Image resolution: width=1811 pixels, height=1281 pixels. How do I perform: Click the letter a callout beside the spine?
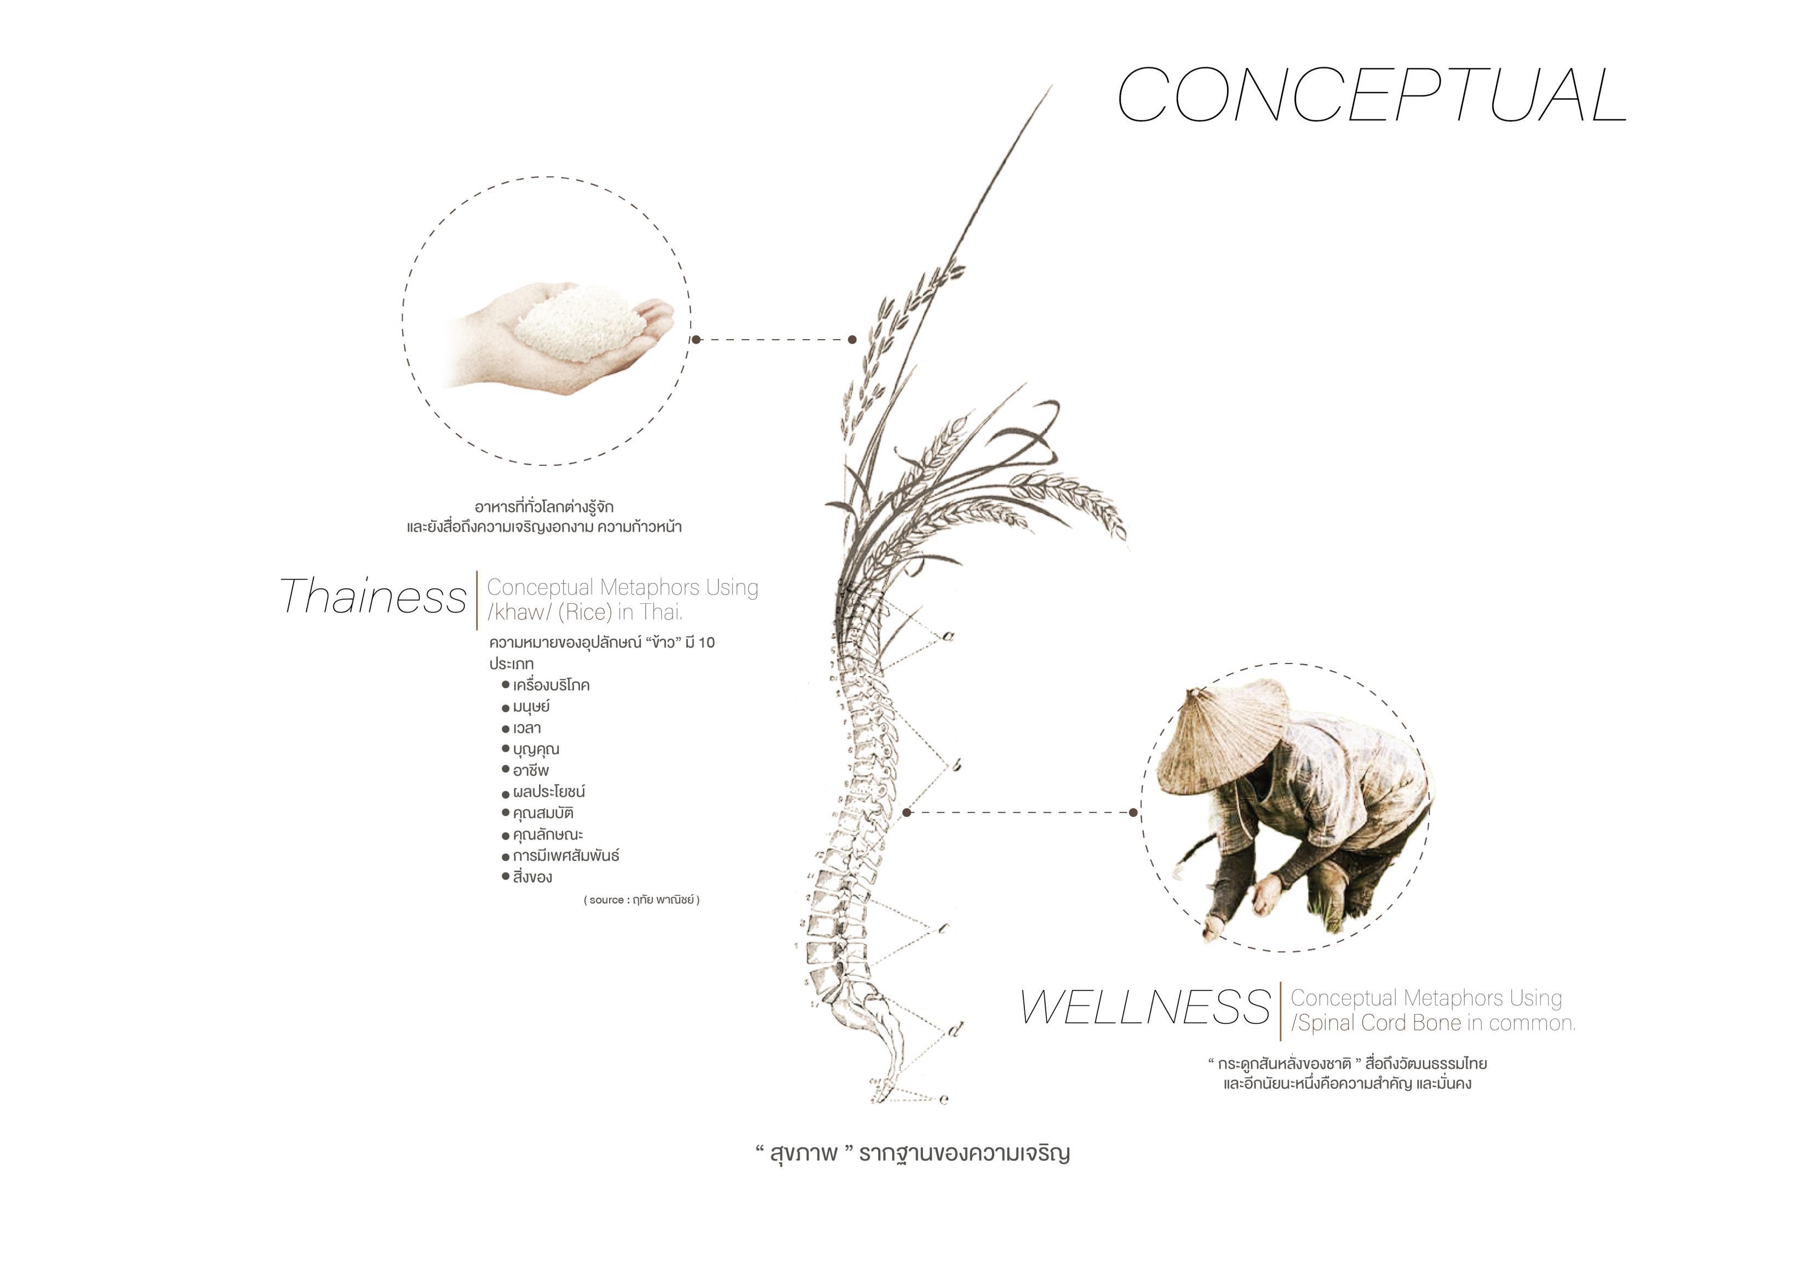[x=948, y=636]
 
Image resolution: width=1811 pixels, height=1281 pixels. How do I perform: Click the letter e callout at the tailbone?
[x=944, y=1099]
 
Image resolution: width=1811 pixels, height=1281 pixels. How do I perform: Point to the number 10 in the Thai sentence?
[x=706, y=643]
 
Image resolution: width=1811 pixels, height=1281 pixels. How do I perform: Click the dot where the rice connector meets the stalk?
[x=852, y=340]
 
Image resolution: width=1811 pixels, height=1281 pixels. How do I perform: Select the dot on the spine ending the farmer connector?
[x=907, y=811]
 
